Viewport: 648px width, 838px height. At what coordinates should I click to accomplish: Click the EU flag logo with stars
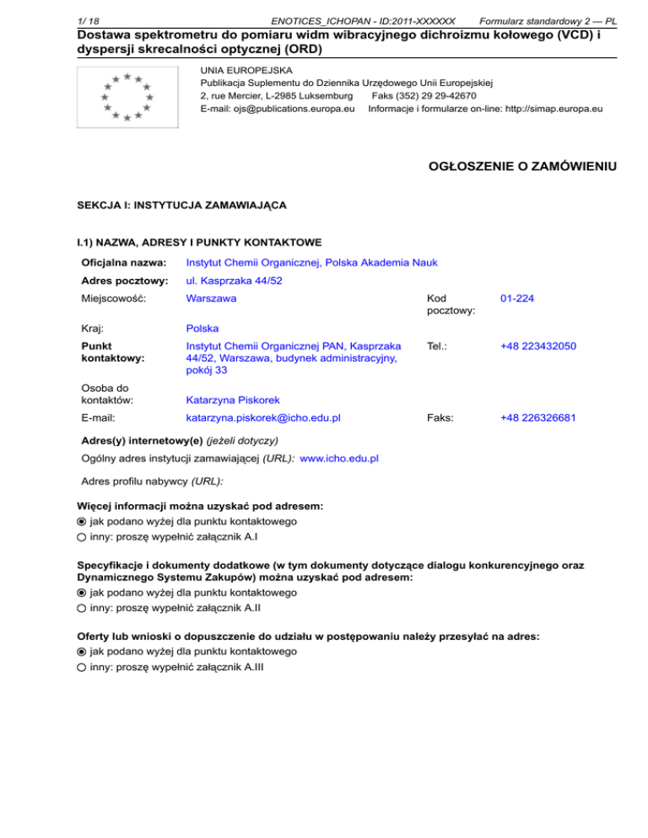tap(126, 98)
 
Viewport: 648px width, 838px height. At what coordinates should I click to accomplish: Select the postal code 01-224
tap(517, 298)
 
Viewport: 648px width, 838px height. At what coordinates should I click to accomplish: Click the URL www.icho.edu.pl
tap(339, 458)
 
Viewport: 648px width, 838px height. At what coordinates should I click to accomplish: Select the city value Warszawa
tap(211, 298)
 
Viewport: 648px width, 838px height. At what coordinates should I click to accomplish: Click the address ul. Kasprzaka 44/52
tap(233, 281)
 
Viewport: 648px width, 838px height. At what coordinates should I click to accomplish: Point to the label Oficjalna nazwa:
tap(121, 263)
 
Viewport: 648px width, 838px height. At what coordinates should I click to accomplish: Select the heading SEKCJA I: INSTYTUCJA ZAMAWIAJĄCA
tap(181, 205)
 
